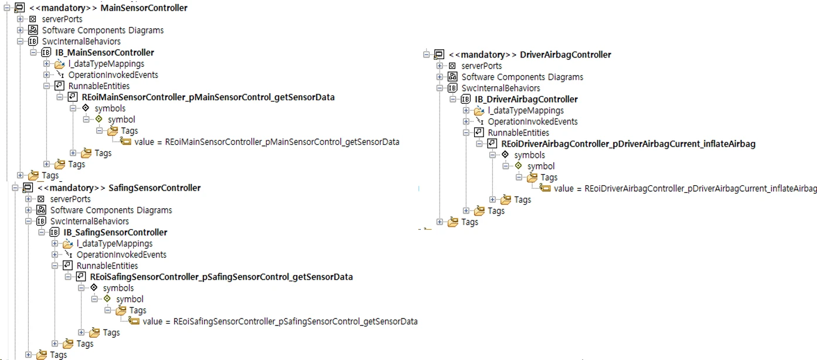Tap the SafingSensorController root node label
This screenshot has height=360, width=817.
pyautogui.click(x=119, y=188)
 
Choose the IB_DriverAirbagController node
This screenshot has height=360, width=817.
pyautogui.click(x=526, y=99)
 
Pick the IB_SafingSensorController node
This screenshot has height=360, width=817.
pyautogui.click(x=115, y=232)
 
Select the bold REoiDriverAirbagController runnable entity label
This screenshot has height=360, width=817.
pyautogui.click(x=628, y=144)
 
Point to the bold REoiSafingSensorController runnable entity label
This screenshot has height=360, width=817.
pyautogui.click(x=222, y=277)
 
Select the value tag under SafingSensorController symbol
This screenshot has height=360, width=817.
pyautogui.click(x=280, y=321)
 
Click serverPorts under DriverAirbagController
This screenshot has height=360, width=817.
pyautogui.click(x=481, y=66)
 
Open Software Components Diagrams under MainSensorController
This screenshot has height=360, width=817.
pyautogui.click(x=103, y=30)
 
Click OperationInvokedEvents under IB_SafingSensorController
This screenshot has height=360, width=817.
pyautogui.click(x=121, y=254)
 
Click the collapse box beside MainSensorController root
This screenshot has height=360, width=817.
pyautogui.click(x=8, y=8)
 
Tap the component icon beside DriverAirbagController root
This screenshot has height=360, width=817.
pyautogui.click(x=438, y=55)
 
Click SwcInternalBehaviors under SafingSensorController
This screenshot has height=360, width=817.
pyautogui.click(x=89, y=221)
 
